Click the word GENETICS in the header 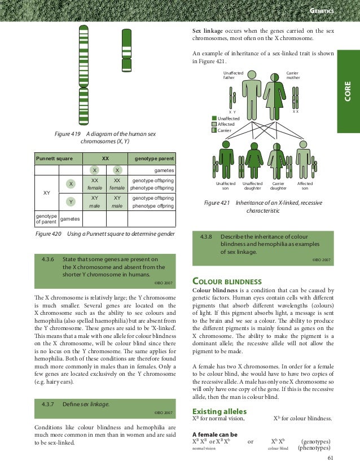click(322, 11)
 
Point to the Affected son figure click(304, 161)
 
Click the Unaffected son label click(226, 186)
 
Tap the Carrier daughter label click(278, 186)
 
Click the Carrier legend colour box click(214, 130)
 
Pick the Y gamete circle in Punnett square click(71, 201)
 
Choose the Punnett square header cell click(54, 159)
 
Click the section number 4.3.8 click(205, 237)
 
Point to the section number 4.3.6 click(47, 260)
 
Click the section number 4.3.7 click(47, 404)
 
